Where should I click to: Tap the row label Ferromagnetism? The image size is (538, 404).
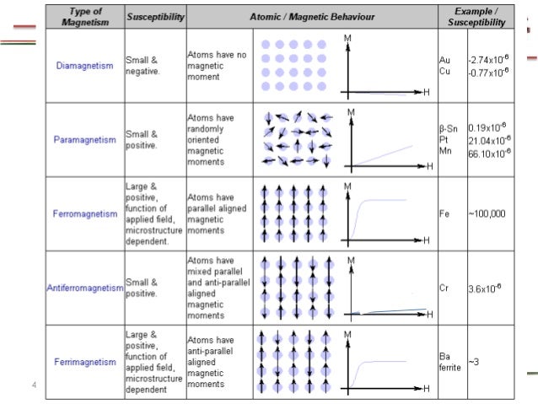(85, 213)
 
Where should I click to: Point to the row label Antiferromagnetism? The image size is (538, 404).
(85, 288)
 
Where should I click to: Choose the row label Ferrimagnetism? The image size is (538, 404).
(85, 362)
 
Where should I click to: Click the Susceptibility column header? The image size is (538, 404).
(155, 17)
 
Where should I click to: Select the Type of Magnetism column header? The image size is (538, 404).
(85, 17)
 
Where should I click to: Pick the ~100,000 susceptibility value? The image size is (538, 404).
(487, 213)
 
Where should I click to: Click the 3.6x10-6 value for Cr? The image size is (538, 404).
(486, 288)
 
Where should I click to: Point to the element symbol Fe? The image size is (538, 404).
(444, 213)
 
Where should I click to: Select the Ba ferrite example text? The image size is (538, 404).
(450, 362)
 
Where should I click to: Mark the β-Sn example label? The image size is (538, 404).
(449, 128)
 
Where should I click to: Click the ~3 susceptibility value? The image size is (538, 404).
(474, 362)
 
